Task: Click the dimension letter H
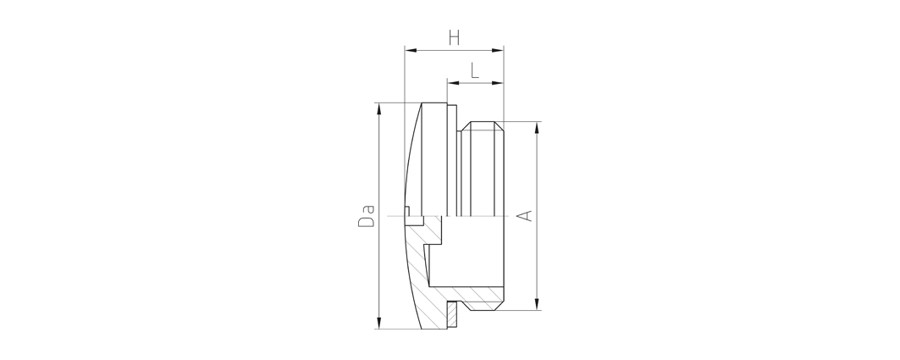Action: [x=454, y=38]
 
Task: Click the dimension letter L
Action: [x=475, y=71]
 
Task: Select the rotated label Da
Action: [x=367, y=216]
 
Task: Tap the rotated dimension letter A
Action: [x=525, y=216]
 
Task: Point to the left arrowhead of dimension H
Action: [x=410, y=51]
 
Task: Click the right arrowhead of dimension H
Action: [x=498, y=51]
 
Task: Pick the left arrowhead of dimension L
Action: [x=453, y=83]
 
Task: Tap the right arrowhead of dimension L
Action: [x=498, y=83]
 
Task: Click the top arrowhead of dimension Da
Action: [x=378, y=108]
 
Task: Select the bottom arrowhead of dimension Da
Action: [x=378, y=324]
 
